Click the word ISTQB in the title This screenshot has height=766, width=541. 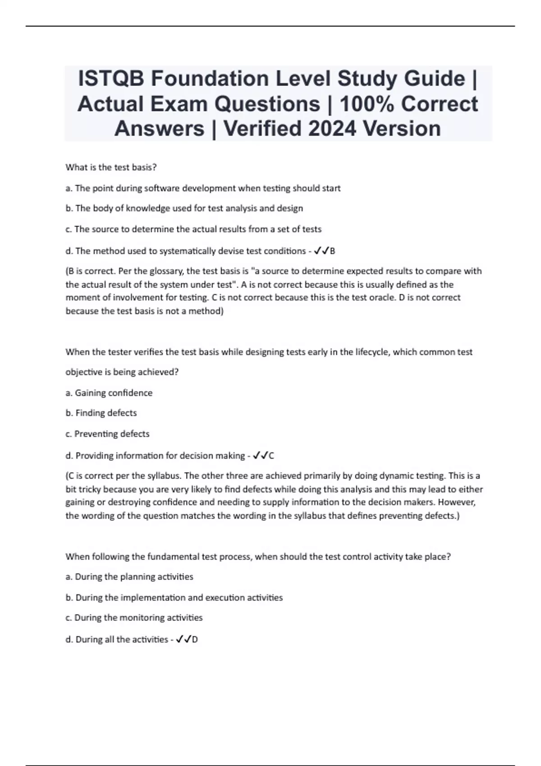pos(111,78)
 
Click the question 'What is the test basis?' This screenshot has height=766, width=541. pos(111,167)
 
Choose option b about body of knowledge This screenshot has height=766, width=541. pos(184,208)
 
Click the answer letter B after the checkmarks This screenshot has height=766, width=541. pos(333,251)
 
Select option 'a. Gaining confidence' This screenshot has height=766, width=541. pos(109,393)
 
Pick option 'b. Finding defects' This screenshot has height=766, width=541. pos(101,413)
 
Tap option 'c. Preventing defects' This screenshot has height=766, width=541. pos(107,434)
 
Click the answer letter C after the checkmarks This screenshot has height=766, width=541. pos(271,456)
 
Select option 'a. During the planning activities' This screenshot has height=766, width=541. pos(129,577)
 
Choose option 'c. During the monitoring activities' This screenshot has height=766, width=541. pos(133,618)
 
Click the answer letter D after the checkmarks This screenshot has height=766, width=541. pos(195,640)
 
